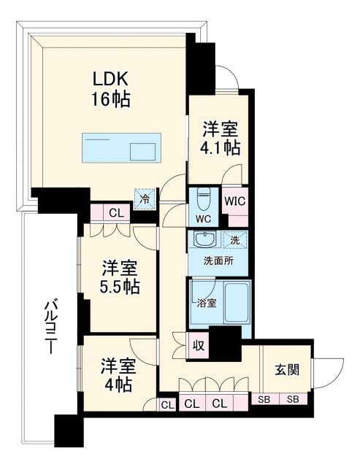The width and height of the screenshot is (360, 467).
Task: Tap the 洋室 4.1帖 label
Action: [221, 136]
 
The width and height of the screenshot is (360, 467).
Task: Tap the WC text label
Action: [203, 217]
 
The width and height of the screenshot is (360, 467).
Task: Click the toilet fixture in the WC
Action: [204, 198]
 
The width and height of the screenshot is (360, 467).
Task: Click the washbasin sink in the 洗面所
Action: [204, 240]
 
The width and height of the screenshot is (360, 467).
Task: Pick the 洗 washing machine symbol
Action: [235, 239]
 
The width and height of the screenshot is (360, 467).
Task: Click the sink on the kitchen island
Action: [143, 152]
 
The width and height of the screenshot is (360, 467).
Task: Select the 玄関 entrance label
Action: [286, 369]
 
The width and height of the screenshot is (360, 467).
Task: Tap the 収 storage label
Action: [197, 346]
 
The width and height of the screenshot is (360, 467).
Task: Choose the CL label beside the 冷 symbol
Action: [115, 213]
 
